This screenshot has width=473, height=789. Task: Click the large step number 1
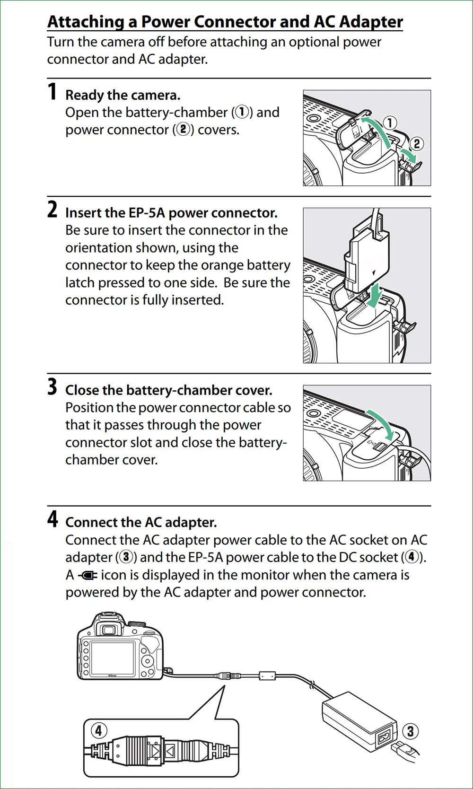(52, 92)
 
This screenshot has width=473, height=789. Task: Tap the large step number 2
(52, 210)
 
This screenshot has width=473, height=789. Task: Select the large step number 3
(52, 387)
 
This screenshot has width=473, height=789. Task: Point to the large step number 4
(52, 519)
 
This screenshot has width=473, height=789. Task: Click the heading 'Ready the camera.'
(123, 95)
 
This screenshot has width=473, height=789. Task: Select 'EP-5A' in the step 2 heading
(147, 213)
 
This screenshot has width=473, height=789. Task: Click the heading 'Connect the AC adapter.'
(141, 522)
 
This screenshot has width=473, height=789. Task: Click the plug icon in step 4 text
(88, 576)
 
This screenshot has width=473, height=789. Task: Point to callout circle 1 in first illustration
(390, 123)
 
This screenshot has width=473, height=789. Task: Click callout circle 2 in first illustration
(416, 143)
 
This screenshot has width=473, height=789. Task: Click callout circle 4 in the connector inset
(98, 731)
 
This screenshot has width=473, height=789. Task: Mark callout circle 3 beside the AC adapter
(410, 731)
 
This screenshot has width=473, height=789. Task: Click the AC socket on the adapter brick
(383, 738)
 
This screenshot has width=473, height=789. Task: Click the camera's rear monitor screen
(113, 657)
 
